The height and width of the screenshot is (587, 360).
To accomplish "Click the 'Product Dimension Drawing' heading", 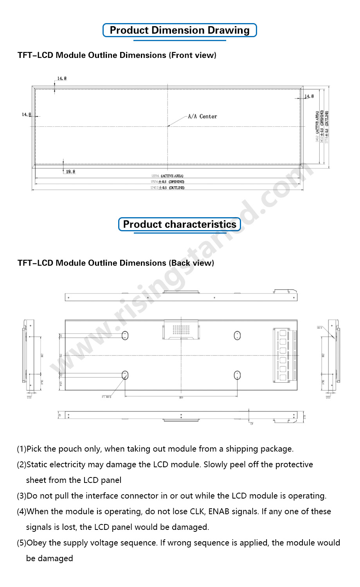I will (x=180, y=31).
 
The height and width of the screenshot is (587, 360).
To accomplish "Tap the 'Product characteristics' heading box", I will (x=180, y=224).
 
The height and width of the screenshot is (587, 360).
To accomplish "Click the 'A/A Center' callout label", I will (x=202, y=117).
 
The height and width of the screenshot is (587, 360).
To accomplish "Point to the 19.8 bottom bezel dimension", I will (x=70, y=172).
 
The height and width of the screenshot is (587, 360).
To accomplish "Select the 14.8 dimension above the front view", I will (x=62, y=79).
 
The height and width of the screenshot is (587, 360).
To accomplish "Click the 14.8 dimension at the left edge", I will (x=26, y=115).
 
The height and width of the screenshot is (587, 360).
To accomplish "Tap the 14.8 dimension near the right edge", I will (x=309, y=96).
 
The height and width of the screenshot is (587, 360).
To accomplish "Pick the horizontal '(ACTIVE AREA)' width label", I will (x=172, y=176).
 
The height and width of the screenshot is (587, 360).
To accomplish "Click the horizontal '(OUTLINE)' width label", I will (x=176, y=188).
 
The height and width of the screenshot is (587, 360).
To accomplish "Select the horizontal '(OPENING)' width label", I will (x=176, y=182).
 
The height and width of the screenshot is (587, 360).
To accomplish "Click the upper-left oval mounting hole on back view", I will (x=125, y=335).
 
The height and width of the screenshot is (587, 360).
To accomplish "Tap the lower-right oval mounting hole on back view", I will (x=237, y=375).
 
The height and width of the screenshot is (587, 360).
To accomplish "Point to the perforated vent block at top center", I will (x=181, y=330).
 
